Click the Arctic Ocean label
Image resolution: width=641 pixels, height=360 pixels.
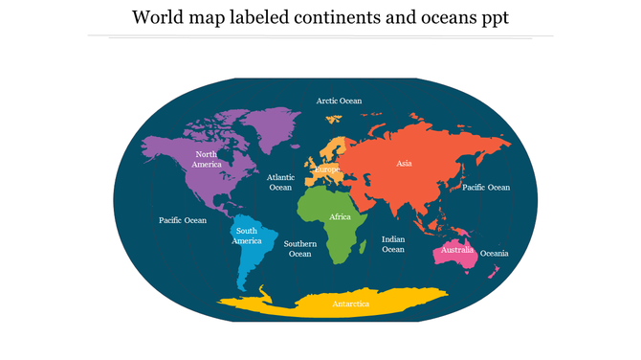pyautogui.click(x=340, y=101)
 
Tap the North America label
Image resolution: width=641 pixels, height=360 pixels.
pyautogui.click(x=206, y=159)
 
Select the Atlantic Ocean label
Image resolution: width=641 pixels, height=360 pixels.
pyautogui.click(x=280, y=182)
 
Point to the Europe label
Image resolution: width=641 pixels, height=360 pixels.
pyautogui.click(x=327, y=169)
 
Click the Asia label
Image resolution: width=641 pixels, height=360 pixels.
pyautogui.click(x=404, y=164)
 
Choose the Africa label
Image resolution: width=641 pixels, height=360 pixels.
pyautogui.click(x=341, y=217)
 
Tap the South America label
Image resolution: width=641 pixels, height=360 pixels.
pyautogui.click(x=247, y=236)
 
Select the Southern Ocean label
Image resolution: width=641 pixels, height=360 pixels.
pyautogui.click(x=300, y=249)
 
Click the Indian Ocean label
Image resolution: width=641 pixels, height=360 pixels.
pyautogui.click(x=393, y=244)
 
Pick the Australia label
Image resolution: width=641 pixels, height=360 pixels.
pyautogui.click(x=457, y=251)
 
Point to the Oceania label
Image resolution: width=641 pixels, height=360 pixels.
pyautogui.click(x=494, y=254)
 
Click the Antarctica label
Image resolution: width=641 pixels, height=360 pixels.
pyautogui.click(x=350, y=304)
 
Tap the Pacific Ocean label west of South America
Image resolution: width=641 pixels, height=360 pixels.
pyautogui.click(x=182, y=220)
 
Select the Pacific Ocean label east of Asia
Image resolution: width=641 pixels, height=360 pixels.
pyautogui.click(x=486, y=188)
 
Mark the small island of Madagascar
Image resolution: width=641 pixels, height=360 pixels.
pyautogui.click(x=365, y=248)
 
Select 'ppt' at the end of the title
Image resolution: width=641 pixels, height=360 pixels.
pyautogui.click(x=493, y=18)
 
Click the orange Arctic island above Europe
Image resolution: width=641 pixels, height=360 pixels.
pyautogui.click(x=334, y=120)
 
